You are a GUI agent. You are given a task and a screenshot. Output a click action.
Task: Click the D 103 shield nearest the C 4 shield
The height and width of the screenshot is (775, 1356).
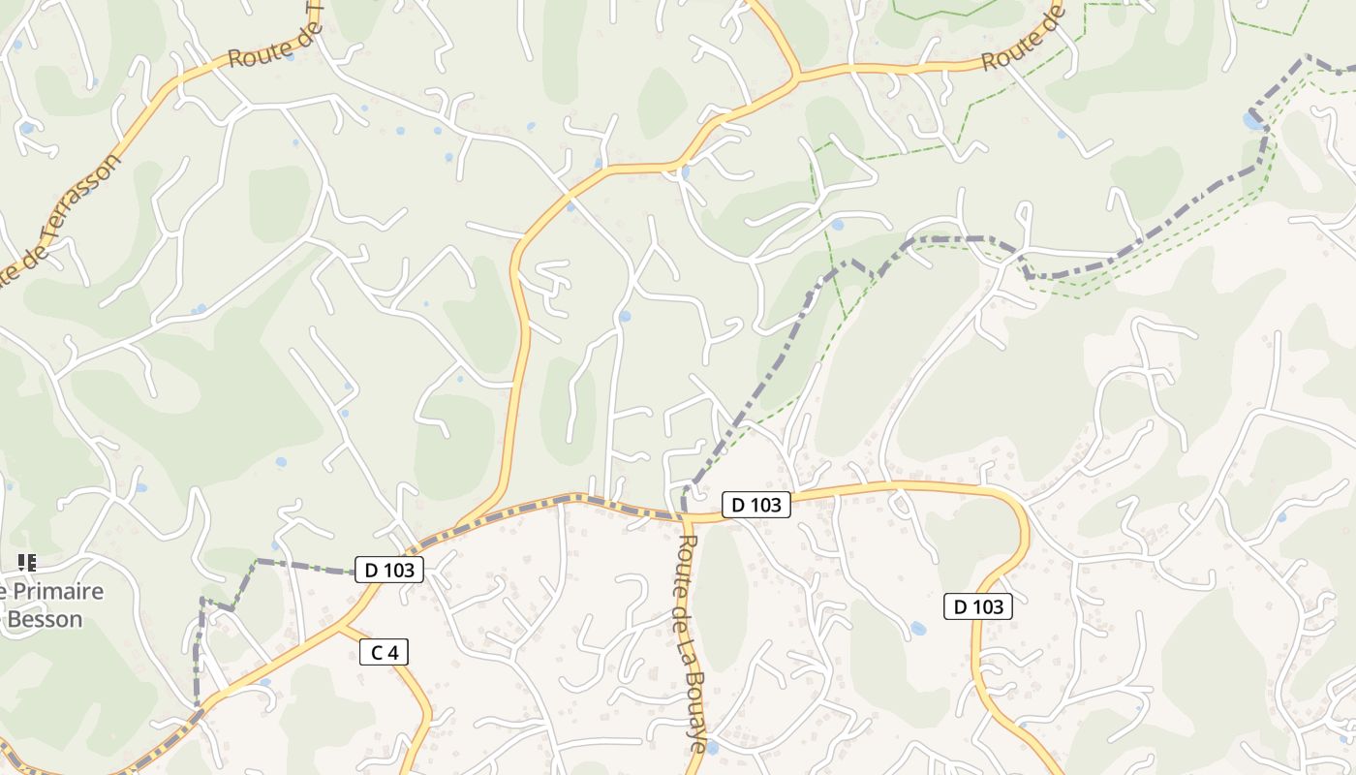click(x=389, y=570)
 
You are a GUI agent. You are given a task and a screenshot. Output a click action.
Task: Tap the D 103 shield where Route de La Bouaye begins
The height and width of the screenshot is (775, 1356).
click(x=755, y=504)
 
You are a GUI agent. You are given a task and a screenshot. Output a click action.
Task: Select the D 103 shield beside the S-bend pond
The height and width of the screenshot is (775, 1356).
click(x=978, y=606)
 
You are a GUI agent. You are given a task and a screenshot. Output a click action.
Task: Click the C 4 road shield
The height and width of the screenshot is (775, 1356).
click(x=385, y=652)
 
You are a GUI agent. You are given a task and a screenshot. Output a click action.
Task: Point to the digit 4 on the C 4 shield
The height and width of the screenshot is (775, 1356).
click(x=392, y=652)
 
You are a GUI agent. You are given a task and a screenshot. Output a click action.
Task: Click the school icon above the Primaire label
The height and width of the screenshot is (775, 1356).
click(x=27, y=562)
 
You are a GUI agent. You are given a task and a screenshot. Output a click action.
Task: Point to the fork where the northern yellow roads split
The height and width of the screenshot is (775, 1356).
click(x=797, y=76)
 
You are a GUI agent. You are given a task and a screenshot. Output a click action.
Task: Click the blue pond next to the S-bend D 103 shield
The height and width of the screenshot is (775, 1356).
click(x=917, y=629)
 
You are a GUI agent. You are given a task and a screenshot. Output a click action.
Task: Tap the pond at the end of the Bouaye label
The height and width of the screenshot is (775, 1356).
click(x=712, y=748)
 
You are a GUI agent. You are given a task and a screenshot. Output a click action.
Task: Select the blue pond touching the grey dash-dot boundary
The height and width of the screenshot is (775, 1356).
click(x=1253, y=121)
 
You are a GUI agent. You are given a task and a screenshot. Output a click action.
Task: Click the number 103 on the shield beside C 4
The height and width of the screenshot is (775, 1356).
click(x=399, y=570)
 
